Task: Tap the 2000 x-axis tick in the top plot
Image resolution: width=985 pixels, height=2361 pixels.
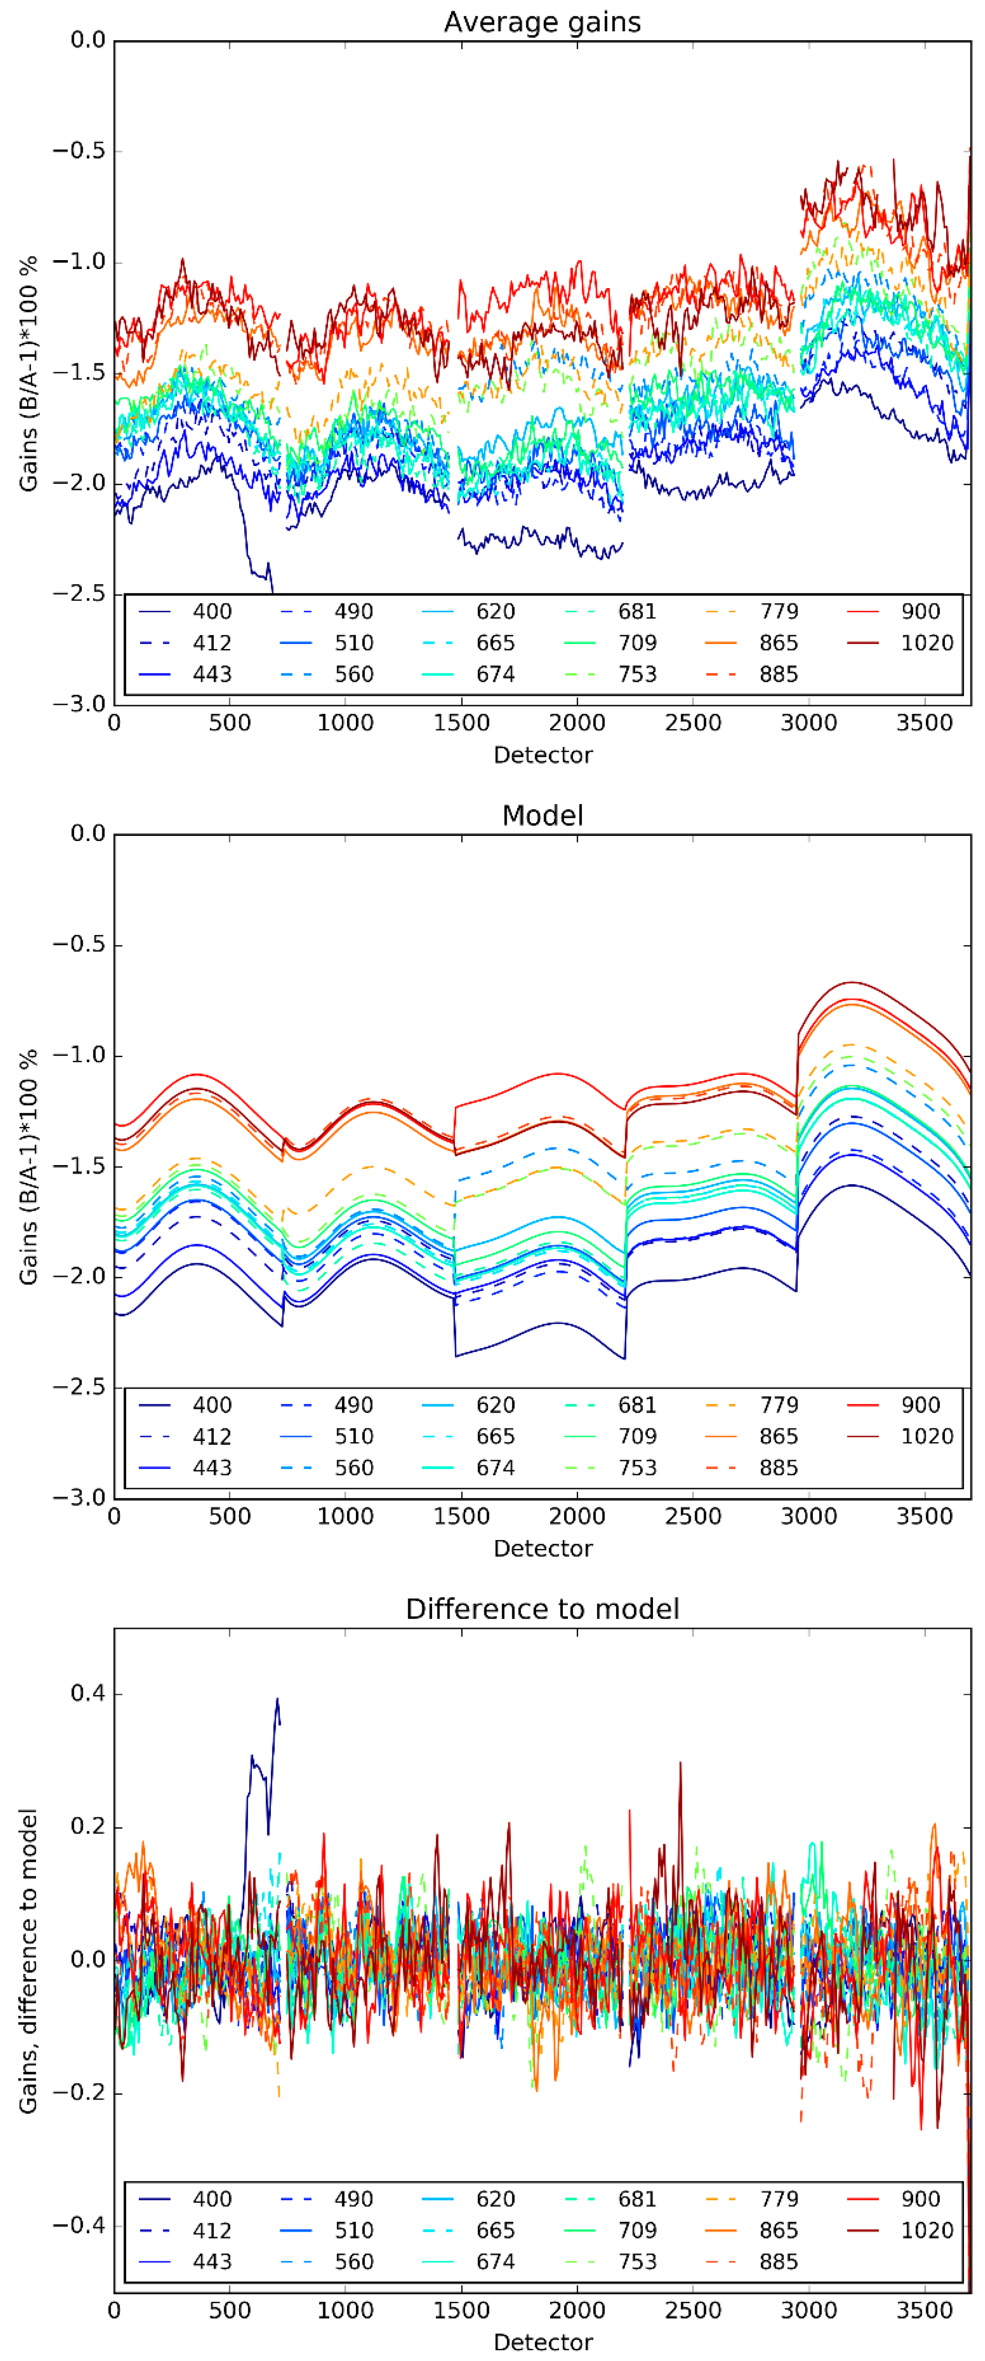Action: [576, 723]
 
